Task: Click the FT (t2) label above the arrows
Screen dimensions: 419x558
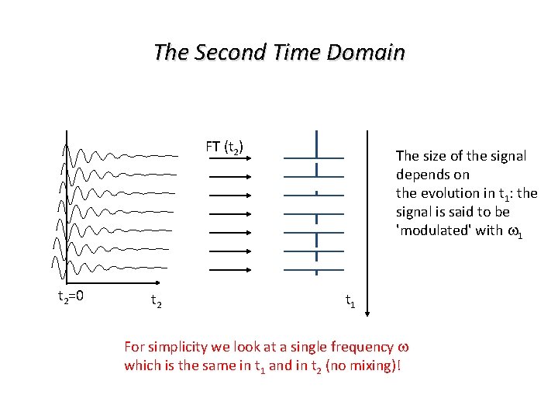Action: pyautogui.click(x=225, y=146)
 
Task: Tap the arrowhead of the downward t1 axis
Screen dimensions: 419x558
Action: pyautogui.click(x=368, y=312)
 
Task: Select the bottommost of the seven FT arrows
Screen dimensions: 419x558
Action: pyautogui.click(x=229, y=269)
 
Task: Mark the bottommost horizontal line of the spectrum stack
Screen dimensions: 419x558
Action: pyautogui.click(x=314, y=269)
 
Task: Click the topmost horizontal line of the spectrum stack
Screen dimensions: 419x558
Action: pyautogui.click(x=314, y=158)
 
